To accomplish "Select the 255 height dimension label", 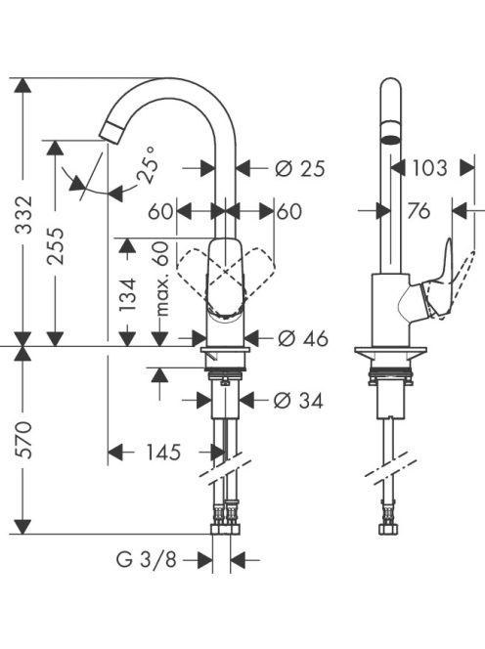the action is pyautogui.click(x=55, y=245).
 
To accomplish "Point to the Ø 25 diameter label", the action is pyautogui.click(x=300, y=168).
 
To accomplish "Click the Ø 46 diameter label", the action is pyautogui.click(x=303, y=338).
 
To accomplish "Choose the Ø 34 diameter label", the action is pyautogui.click(x=298, y=400).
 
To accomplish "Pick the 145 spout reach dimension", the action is pyautogui.click(x=163, y=452).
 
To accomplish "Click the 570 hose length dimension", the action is pyautogui.click(x=23, y=440).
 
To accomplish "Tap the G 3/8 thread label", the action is pyautogui.click(x=147, y=560).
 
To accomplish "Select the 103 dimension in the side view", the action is pyautogui.click(x=429, y=168).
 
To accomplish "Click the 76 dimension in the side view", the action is pyautogui.click(x=419, y=211).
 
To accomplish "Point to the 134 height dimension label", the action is pyautogui.click(x=127, y=295).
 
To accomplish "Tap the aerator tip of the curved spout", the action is pyautogui.click(x=110, y=132).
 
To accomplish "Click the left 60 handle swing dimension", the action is pyautogui.click(x=160, y=211).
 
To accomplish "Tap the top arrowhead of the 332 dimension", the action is pyautogui.click(x=22, y=85).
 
